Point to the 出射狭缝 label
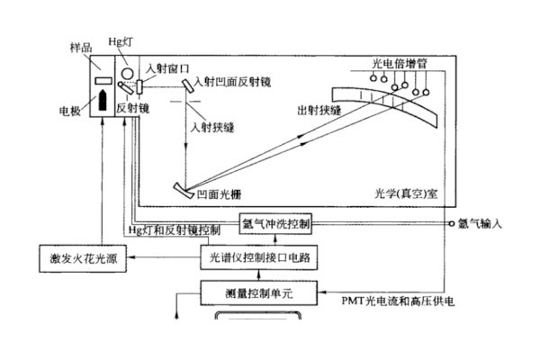[x=319, y=110]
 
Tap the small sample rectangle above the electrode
[x=103, y=81]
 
